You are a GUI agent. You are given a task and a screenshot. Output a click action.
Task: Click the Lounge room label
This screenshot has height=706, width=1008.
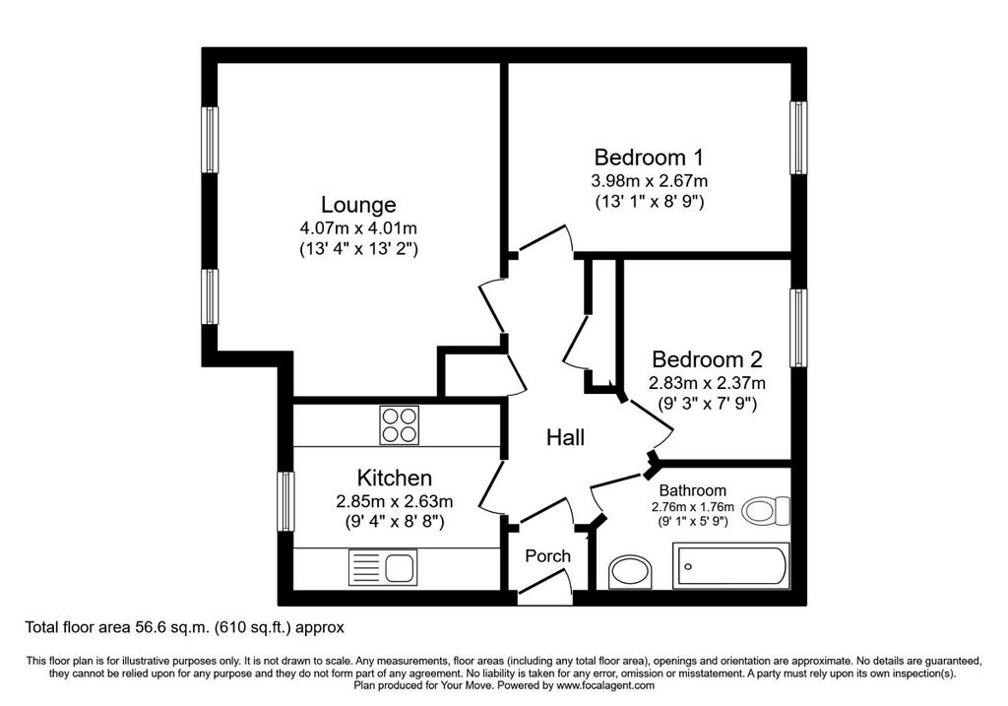pyautogui.click(x=358, y=205)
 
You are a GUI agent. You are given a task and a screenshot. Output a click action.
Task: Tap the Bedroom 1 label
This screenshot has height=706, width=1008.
pyautogui.click(x=649, y=157)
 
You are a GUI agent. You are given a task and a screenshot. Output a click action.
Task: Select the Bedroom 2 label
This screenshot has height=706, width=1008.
pyautogui.click(x=707, y=358)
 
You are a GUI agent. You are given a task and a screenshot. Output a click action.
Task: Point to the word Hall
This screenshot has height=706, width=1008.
pyautogui.click(x=565, y=437)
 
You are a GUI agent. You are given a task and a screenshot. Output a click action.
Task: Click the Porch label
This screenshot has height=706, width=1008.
pyautogui.click(x=547, y=555)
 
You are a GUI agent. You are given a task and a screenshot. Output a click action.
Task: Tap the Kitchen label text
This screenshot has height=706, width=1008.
pyautogui.click(x=394, y=478)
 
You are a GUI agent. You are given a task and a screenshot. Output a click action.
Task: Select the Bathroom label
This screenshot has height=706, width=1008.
pyautogui.click(x=692, y=491)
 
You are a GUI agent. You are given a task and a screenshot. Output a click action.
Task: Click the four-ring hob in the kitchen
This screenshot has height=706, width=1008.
pyautogui.click(x=400, y=425)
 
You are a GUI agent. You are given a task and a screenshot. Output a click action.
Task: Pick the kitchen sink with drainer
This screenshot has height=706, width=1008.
pyautogui.click(x=383, y=567)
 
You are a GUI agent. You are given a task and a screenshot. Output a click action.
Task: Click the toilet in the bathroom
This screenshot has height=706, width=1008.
pyautogui.click(x=766, y=510)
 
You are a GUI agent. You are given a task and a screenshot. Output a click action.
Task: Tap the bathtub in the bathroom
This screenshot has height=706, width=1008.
pyautogui.click(x=731, y=566)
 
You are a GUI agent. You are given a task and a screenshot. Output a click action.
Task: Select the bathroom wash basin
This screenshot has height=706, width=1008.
pyautogui.click(x=631, y=572)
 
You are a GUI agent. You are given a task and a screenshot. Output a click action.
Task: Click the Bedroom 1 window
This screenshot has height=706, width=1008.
pyautogui.click(x=798, y=138)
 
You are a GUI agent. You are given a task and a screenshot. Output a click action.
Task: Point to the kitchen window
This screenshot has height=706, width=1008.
pyautogui.click(x=285, y=501)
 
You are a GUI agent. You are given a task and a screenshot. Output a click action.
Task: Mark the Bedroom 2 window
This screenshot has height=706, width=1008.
pyautogui.click(x=798, y=328)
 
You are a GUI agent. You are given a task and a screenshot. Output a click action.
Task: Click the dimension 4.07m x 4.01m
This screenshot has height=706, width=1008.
pyautogui.click(x=358, y=227)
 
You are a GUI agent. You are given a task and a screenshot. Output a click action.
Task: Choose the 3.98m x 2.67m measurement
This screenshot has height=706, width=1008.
pyautogui.click(x=649, y=180)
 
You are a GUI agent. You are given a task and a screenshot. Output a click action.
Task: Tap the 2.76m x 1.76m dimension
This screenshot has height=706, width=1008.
pyautogui.click(x=692, y=507)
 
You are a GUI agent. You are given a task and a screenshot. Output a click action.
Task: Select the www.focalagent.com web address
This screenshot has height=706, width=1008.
pyautogui.click(x=605, y=685)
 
